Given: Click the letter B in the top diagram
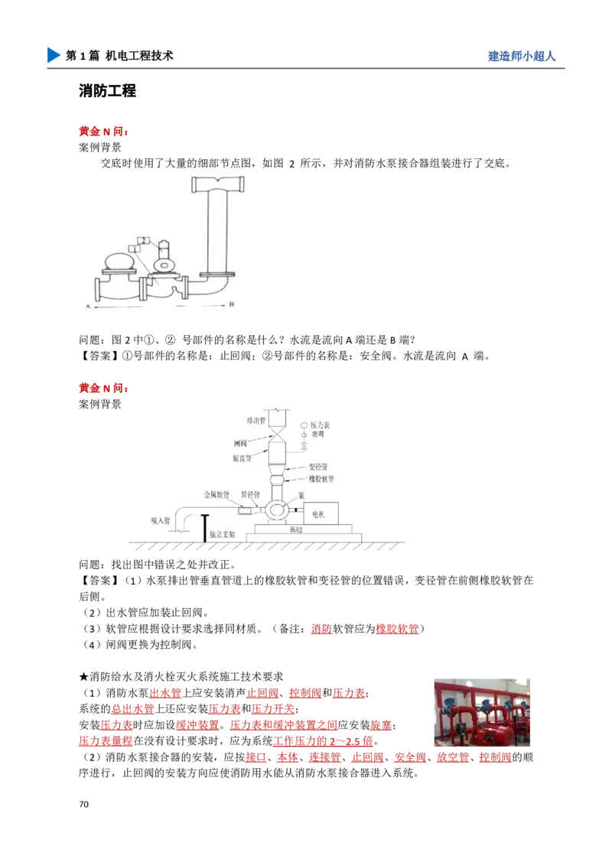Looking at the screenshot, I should point(232,304).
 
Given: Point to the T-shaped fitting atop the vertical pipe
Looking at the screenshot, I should point(219,184).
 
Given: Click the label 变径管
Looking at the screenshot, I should point(321,466).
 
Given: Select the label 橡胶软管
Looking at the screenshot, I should point(321,479).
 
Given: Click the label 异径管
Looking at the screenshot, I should point(252,495).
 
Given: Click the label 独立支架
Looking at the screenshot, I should point(223,534).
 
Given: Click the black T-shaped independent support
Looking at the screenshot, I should point(204,529).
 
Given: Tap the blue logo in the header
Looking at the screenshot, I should point(52,56).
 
